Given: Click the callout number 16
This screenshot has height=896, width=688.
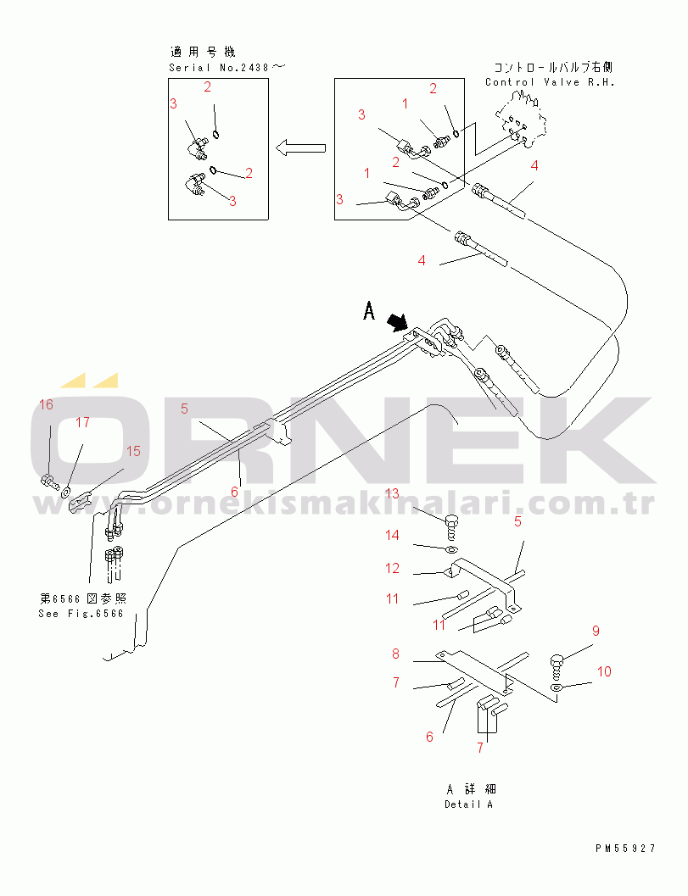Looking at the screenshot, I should click(46, 404).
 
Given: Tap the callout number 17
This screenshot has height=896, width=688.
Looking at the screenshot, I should click(82, 421).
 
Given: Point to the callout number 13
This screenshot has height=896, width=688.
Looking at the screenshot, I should click(391, 493).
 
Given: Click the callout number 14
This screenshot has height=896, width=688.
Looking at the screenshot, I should click(393, 535).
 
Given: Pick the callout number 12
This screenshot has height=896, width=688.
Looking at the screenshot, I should click(392, 568).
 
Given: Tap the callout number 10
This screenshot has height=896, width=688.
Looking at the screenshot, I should click(603, 671).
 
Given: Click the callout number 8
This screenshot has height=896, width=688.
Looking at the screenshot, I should click(395, 654).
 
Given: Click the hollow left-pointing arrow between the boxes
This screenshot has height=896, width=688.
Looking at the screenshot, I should click(301, 147).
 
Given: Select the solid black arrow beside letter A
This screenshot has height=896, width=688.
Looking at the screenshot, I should click(396, 322).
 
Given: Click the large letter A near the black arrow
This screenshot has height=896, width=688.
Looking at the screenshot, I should click(369, 313).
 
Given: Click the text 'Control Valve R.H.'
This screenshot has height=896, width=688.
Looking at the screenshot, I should click(549, 82).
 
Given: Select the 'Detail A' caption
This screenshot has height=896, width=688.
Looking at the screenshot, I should click(468, 804).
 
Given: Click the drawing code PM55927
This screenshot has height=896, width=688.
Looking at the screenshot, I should click(625, 848).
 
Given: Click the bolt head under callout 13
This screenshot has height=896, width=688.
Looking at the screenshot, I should click(453, 520).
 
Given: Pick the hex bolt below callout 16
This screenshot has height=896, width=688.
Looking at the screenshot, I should click(49, 482).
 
